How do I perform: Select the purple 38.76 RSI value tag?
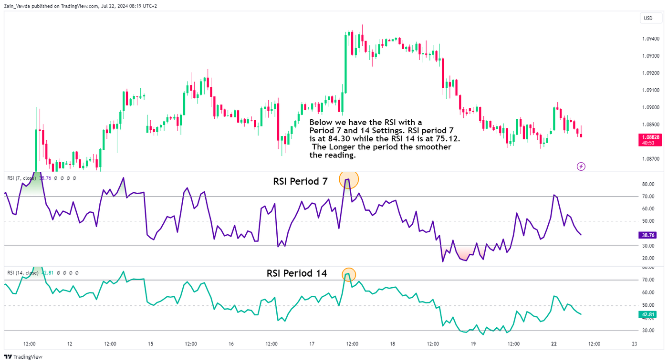point(648,235)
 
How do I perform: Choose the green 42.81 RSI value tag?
point(648,314)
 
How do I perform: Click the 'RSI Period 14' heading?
point(297,273)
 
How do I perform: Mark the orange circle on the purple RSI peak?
point(348,179)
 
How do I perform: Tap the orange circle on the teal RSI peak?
point(349,274)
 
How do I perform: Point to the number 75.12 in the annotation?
point(448,139)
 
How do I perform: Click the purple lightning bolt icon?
point(581,166)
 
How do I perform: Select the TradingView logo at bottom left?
point(23,357)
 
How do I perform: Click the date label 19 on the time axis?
point(473,344)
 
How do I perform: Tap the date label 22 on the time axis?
point(554,344)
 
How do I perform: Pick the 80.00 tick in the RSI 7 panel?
point(647,184)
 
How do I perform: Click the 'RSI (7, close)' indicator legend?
point(21,178)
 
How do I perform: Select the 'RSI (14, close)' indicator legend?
point(23,273)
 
